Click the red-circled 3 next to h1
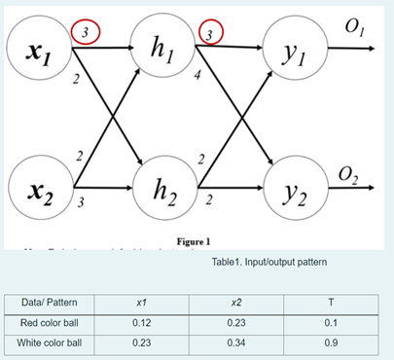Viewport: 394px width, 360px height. pos(210,34)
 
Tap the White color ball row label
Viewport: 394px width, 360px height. pos(54,342)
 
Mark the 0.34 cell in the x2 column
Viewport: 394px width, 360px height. pos(236,342)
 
